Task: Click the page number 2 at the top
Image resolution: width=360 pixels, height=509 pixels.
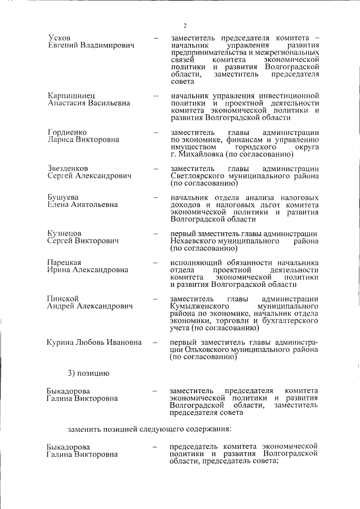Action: (184, 25)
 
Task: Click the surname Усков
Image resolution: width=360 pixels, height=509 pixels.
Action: (60, 37)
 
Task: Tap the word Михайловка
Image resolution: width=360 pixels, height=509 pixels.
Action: (202, 154)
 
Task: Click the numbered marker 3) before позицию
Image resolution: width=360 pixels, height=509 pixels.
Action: (73, 372)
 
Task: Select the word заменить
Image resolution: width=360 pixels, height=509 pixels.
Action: (84, 430)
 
